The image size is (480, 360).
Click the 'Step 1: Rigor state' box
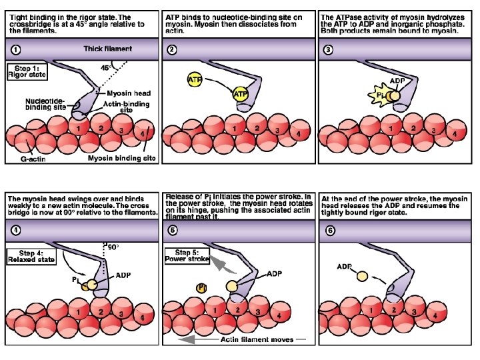click(x=26, y=71)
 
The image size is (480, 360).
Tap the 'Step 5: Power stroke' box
click(x=187, y=256)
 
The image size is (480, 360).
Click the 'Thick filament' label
click(x=107, y=49)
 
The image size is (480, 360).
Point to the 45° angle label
click(x=105, y=68)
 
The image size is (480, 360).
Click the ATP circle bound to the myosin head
click(x=239, y=95)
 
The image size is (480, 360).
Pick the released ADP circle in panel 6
click(x=362, y=275)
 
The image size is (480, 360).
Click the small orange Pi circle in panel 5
click(x=201, y=287)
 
